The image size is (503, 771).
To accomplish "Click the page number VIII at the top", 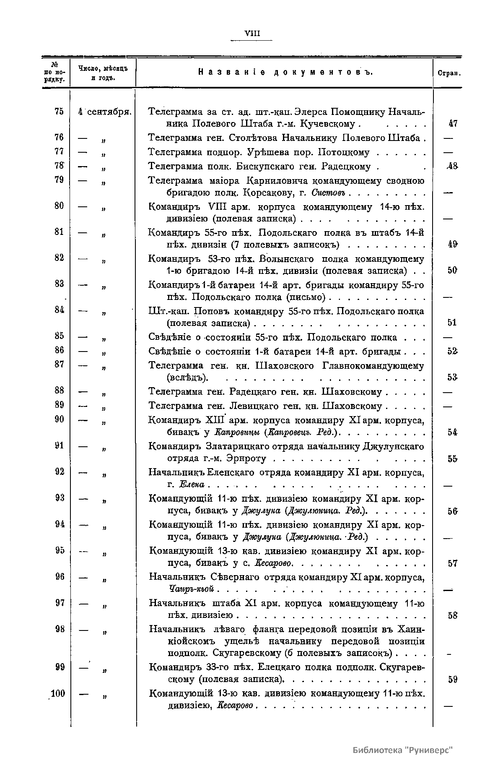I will [251, 34].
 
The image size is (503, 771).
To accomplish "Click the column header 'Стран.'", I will [449, 73].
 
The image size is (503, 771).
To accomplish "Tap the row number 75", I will [59, 111].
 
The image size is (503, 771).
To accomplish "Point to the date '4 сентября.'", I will [105, 112].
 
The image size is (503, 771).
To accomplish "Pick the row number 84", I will [59, 310].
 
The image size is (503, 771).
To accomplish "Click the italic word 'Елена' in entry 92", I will [192, 485].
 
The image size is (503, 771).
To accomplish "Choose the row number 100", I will [58, 693].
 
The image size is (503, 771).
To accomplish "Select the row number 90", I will [59, 419].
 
